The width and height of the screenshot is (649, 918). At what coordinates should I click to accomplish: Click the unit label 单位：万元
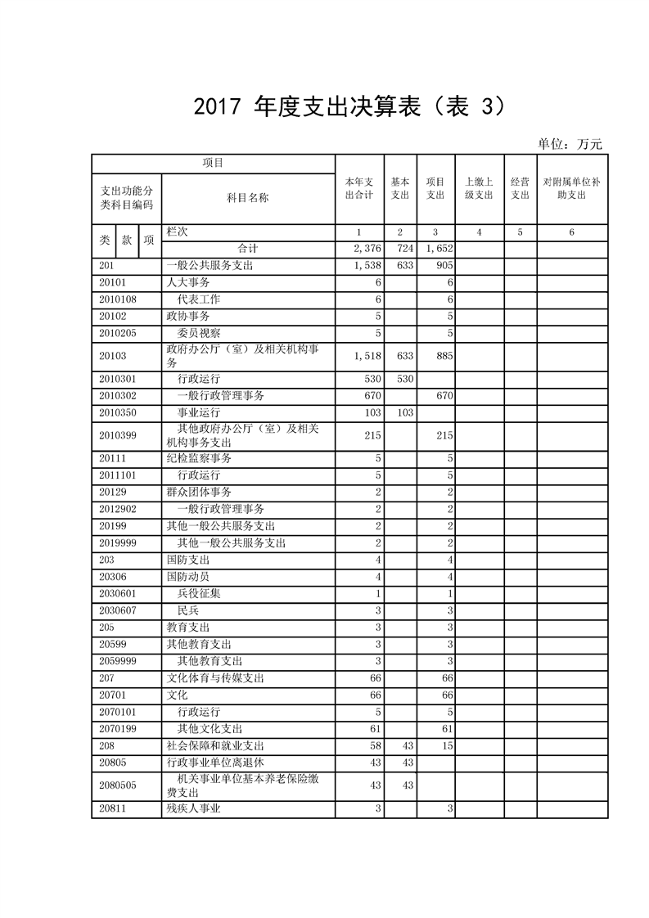(570, 144)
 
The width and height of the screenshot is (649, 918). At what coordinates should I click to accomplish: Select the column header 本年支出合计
(359, 188)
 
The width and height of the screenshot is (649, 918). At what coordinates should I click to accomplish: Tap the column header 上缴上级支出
(479, 188)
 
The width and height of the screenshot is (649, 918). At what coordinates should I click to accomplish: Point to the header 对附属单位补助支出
(571, 188)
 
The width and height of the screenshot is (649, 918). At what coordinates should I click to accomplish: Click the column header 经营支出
(520, 188)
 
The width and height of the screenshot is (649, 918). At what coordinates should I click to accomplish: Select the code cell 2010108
(118, 299)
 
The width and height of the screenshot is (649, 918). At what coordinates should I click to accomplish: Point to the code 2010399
(118, 435)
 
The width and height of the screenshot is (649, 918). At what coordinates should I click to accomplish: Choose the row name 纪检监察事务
(199, 458)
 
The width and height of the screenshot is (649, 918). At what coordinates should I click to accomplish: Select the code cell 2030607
(118, 610)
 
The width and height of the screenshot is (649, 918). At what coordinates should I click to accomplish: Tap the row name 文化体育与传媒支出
(214, 678)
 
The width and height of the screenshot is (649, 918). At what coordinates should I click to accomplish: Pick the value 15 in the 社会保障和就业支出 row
(448, 746)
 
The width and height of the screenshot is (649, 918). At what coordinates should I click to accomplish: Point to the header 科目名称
(247, 197)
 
